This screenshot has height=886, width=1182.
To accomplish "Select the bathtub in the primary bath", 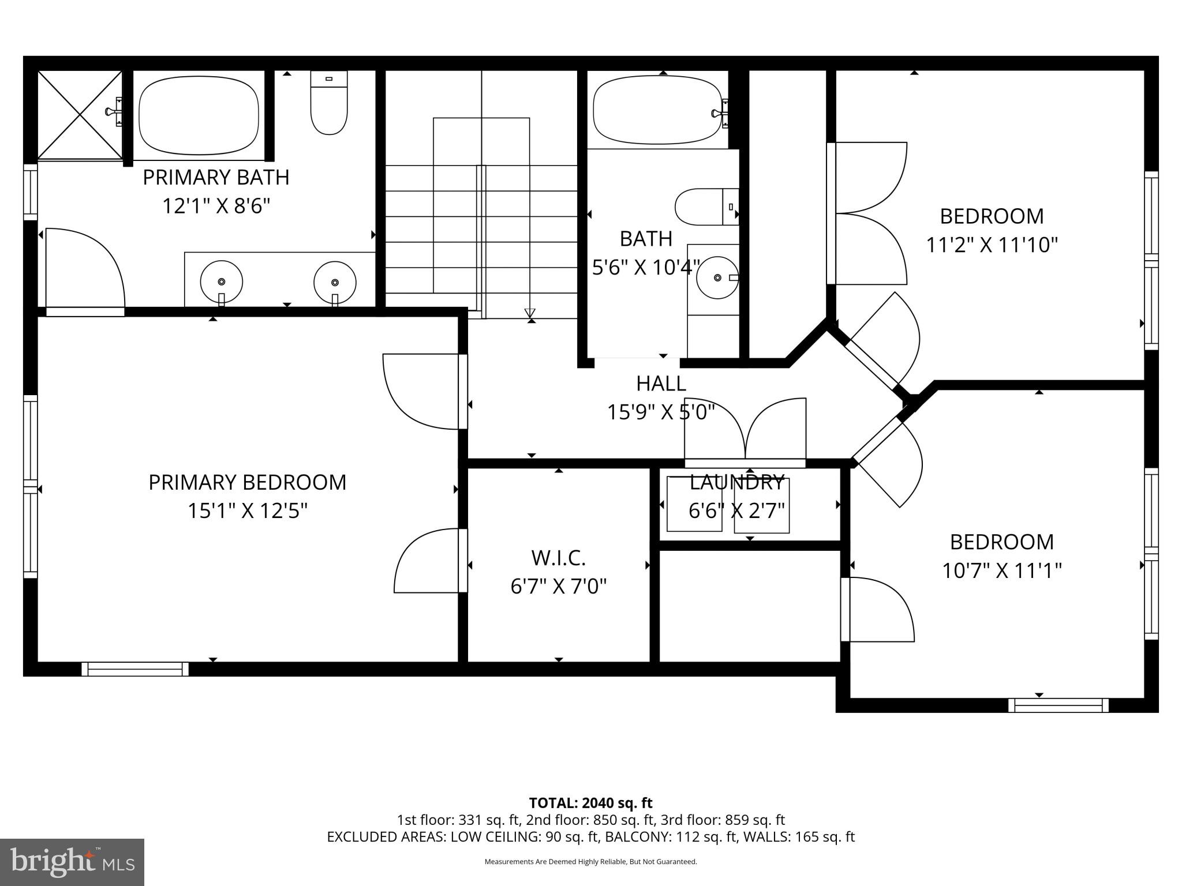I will point(199,115).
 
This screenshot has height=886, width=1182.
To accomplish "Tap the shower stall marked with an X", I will point(80,115).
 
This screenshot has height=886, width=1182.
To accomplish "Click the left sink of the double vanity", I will point(221,282).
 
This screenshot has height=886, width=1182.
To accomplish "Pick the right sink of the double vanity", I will point(335,283).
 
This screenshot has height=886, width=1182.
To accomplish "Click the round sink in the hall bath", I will point(717,277).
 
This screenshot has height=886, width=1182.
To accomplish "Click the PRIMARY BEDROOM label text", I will point(247,482).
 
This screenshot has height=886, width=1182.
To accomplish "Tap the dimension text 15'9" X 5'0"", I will point(661,412).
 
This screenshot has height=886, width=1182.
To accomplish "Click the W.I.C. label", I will point(558,558).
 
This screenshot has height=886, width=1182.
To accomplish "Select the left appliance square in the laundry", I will point(694,504).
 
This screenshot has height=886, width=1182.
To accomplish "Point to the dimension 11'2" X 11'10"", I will point(992,245).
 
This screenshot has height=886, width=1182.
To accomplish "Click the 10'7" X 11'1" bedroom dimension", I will point(1002,570).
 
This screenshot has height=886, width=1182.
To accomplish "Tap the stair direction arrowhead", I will point(530,314).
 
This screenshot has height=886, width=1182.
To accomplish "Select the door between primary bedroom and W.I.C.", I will point(430,561).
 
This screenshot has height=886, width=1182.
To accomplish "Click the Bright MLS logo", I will point(72,862).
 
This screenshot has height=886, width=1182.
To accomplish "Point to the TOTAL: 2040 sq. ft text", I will point(590,803).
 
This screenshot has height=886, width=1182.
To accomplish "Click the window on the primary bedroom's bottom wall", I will point(135,669).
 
